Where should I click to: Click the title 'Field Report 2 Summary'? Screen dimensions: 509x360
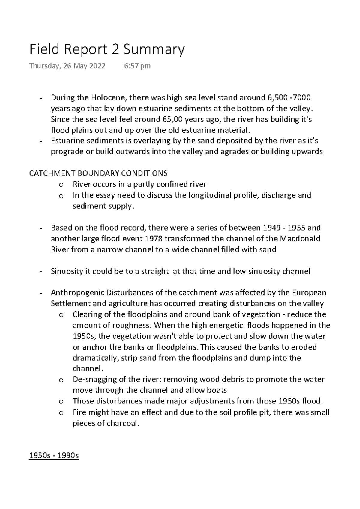[x=107, y=50]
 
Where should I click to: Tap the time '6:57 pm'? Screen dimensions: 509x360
[x=137, y=66]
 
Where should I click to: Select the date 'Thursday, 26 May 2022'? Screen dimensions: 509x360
[x=67, y=66]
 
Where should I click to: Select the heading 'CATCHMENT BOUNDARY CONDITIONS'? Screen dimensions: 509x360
[x=98, y=174]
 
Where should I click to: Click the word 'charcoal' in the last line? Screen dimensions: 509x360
[x=123, y=423]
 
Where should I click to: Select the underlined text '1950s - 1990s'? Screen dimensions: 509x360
[x=54, y=456]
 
